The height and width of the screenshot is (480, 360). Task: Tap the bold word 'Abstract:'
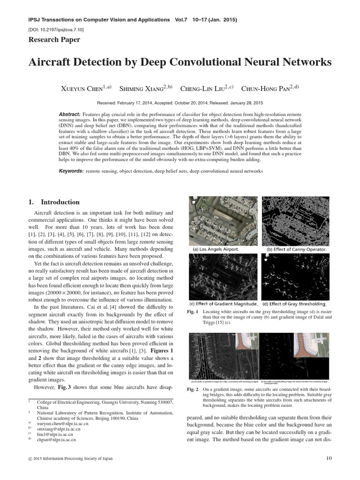tap(70, 114)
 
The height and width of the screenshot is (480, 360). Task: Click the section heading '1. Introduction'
tap(54, 202)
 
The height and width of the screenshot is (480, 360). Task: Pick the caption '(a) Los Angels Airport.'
tap(217, 249)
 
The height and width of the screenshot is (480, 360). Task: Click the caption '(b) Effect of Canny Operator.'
tap(296, 249)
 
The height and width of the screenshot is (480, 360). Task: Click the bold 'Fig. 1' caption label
tap(193, 312)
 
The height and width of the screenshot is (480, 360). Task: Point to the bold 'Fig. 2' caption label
tap(193, 389)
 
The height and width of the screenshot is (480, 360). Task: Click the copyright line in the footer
tap(70, 458)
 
